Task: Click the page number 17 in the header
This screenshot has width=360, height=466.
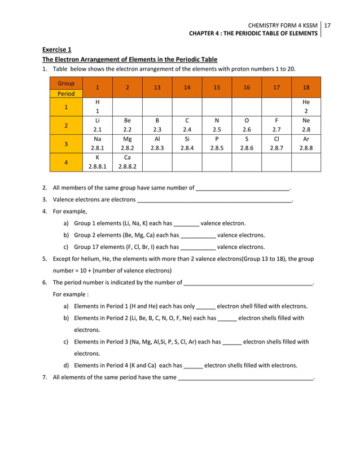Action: click(x=327, y=25)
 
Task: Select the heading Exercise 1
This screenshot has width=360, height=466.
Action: click(x=57, y=50)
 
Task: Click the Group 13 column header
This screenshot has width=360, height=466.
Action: click(x=157, y=87)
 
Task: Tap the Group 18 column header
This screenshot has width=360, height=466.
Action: click(x=306, y=87)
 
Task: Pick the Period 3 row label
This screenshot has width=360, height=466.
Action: click(x=66, y=144)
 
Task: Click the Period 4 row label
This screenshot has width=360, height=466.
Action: click(x=66, y=162)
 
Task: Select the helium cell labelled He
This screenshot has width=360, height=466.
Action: click(x=306, y=107)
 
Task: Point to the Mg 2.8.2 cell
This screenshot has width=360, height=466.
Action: click(x=127, y=144)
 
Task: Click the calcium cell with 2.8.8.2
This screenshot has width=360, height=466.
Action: click(x=127, y=162)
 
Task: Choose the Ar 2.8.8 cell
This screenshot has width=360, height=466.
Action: click(x=306, y=144)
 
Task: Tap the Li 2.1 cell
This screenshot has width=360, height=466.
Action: click(x=98, y=125)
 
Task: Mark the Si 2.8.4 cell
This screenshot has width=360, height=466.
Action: click(x=187, y=144)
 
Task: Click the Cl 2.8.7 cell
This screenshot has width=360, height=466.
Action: click(x=276, y=144)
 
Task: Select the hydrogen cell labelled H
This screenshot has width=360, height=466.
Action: click(x=98, y=107)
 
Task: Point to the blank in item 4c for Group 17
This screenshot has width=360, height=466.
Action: click(x=197, y=248)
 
